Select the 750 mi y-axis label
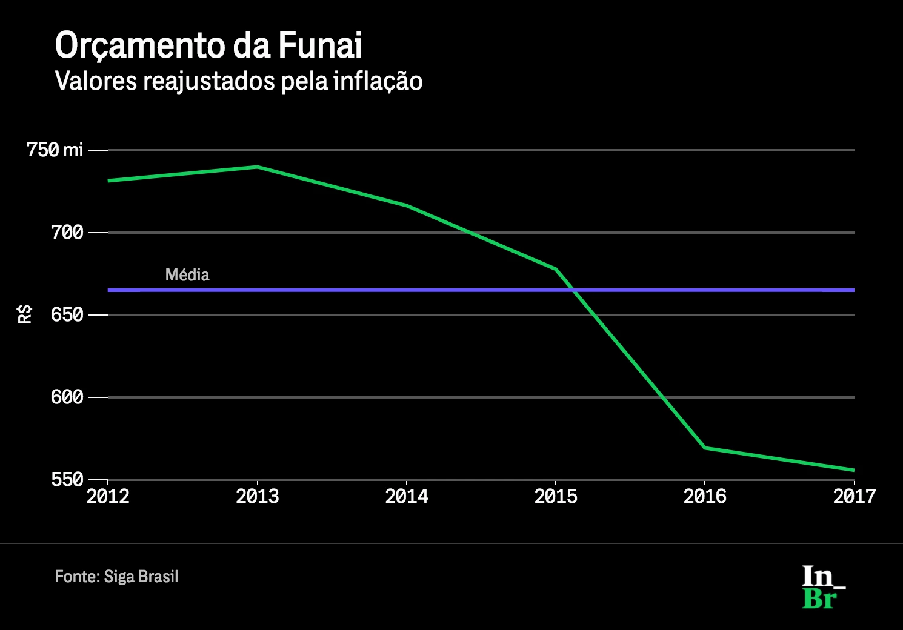coord(55,150)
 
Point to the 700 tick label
coord(67,232)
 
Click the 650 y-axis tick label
coord(67,314)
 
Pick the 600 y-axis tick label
coord(67,397)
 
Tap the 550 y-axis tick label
coord(67,479)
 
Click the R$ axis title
coord(25,314)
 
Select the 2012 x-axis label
coord(108,496)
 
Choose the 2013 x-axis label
coord(257,496)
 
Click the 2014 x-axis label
coord(407,496)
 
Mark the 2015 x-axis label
coord(556,496)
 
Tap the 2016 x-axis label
coord(705,496)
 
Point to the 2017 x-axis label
coord(854,496)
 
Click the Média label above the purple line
coord(187,274)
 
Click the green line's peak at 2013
coord(257,167)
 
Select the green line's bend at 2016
coord(705,448)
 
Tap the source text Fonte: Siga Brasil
coord(116,576)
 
